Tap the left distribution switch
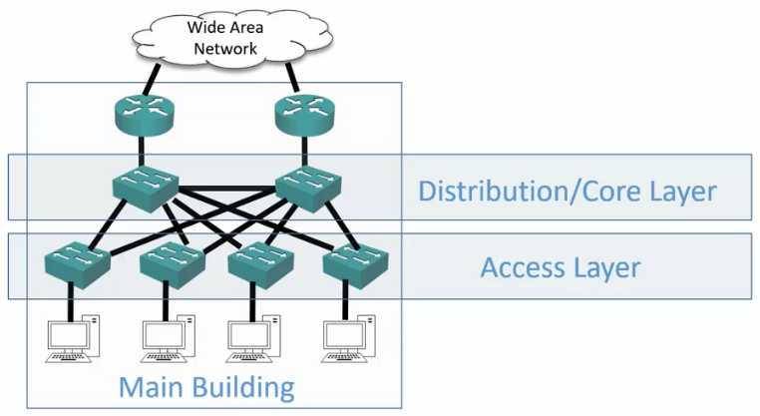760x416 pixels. [146, 186]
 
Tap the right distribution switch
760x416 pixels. [305, 186]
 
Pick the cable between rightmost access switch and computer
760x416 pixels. [354, 300]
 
